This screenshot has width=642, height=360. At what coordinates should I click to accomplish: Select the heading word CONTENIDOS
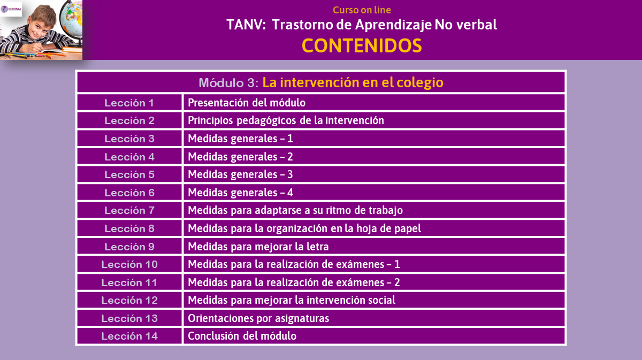pyautogui.click(x=362, y=45)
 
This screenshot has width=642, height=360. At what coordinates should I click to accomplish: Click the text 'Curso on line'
pyautogui.click(x=362, y=10)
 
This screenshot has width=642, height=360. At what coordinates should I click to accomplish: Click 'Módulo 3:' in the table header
pyautogui.click(x=228, y=83)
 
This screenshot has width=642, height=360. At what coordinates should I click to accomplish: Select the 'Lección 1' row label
pyautogui.click(x=129, y=103)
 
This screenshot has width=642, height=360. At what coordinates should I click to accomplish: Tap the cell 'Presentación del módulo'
pyautogui.click(x=247, y=103)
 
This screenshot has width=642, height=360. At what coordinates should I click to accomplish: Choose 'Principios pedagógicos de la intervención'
pyautogui.click(x=286, y=120)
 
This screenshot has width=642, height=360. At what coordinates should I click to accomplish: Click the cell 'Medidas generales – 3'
pyautogui.click(x=240, y=174)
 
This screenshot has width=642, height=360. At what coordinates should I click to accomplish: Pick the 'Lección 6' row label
pyautogui.click(x=129, y=193)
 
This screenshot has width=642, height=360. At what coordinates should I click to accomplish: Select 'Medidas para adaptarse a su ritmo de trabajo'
pyautogui.click(x=295, y=210)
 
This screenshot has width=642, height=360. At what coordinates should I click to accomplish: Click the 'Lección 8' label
pyautogui.click(x=129, y=228)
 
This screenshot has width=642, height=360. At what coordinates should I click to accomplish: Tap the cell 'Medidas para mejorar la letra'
pyautogui.click(x=258, y=247)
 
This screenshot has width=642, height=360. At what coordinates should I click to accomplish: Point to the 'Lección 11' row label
pyautogui.click(x=129, y=282)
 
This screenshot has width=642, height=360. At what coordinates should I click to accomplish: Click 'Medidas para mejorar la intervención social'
pyautogui.click(x=292, y=300)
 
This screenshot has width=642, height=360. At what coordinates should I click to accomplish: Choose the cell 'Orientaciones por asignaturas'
pyautogui.click(x=258, y=318)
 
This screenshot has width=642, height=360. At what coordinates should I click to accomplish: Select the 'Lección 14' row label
pyautogui.click(x=129, y=336)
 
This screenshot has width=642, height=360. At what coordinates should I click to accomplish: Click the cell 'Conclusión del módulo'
pyautogui.click(x=242, y=336)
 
